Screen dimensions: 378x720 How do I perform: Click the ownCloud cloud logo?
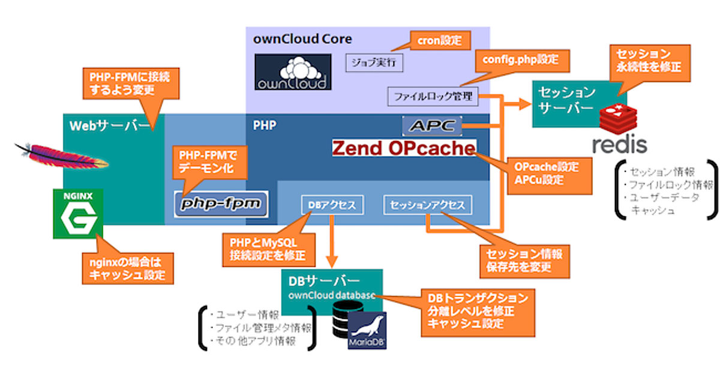click(293, 72)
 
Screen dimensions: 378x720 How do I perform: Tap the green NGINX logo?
click(77, 214)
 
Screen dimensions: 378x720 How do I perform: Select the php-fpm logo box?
click(221, 204)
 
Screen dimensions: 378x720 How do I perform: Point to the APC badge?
click(432, 126)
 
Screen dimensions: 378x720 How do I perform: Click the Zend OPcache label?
click(404, 148)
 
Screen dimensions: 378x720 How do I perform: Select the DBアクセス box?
click(332, 205)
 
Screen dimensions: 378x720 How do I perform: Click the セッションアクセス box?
click(427, 205)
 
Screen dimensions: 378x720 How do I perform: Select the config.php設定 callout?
click(521, 61)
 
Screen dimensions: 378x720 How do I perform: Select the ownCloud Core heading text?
click(302, 39)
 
